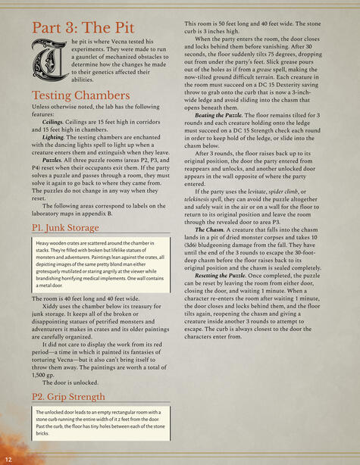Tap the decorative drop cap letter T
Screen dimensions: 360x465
click(47, 61)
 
